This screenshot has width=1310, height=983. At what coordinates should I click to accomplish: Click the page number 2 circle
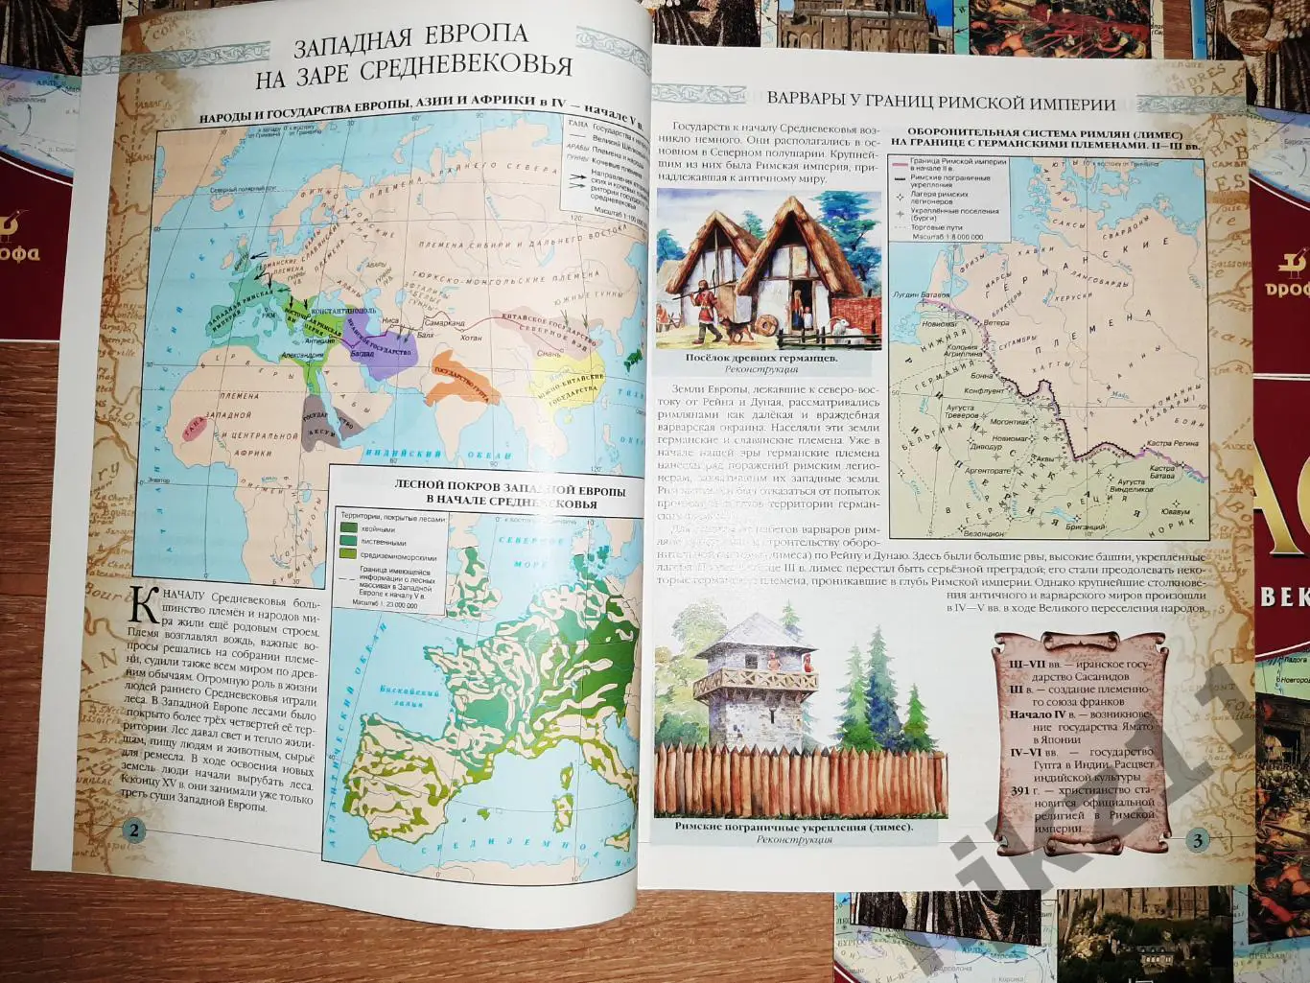(132, 831)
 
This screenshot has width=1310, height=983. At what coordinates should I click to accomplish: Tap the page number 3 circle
(1198, 841)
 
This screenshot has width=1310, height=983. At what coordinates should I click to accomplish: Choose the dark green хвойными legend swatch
(347, 527)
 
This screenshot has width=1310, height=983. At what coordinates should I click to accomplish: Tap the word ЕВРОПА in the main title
(477, 35)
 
